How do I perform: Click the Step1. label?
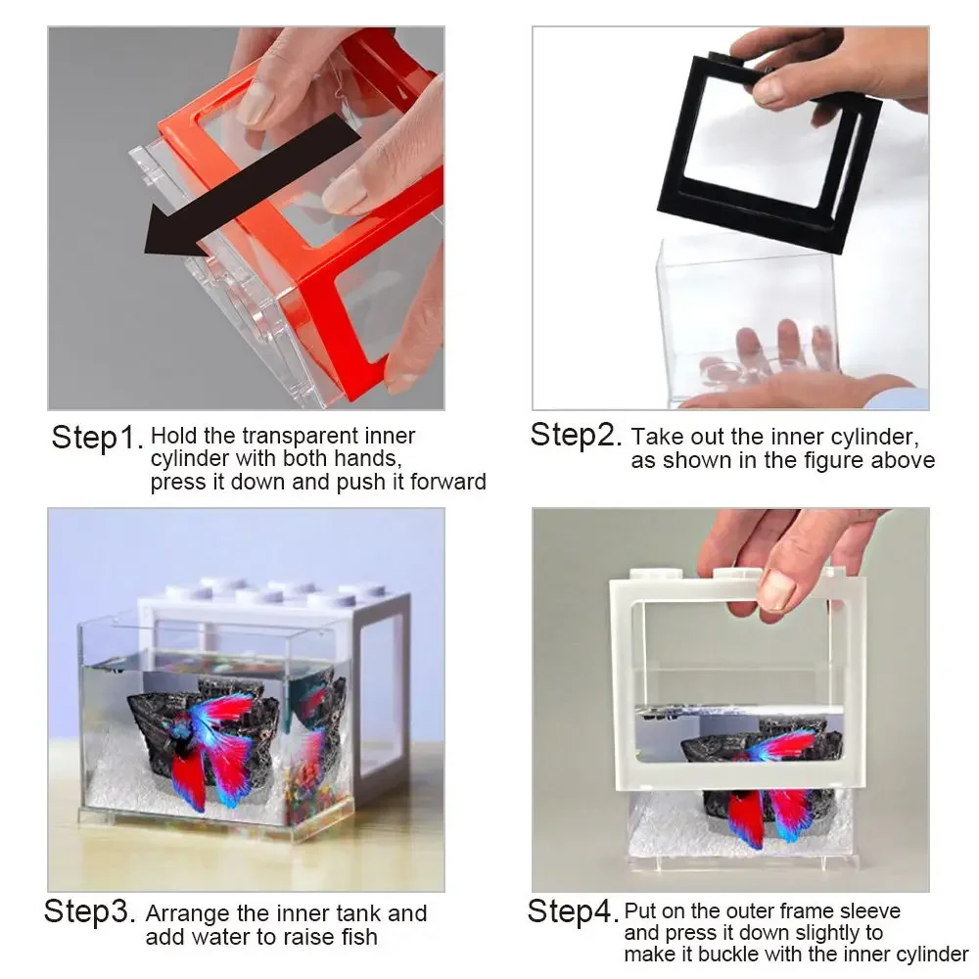[97, 438]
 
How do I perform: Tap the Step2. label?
[576, 434]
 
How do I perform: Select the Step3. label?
[89, 912]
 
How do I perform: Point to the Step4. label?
[573, 911]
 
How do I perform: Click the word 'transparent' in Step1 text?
[290, 437]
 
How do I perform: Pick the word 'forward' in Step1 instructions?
[445, 482]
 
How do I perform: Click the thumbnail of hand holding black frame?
[770, 90]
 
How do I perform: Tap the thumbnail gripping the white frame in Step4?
[776, 590]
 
